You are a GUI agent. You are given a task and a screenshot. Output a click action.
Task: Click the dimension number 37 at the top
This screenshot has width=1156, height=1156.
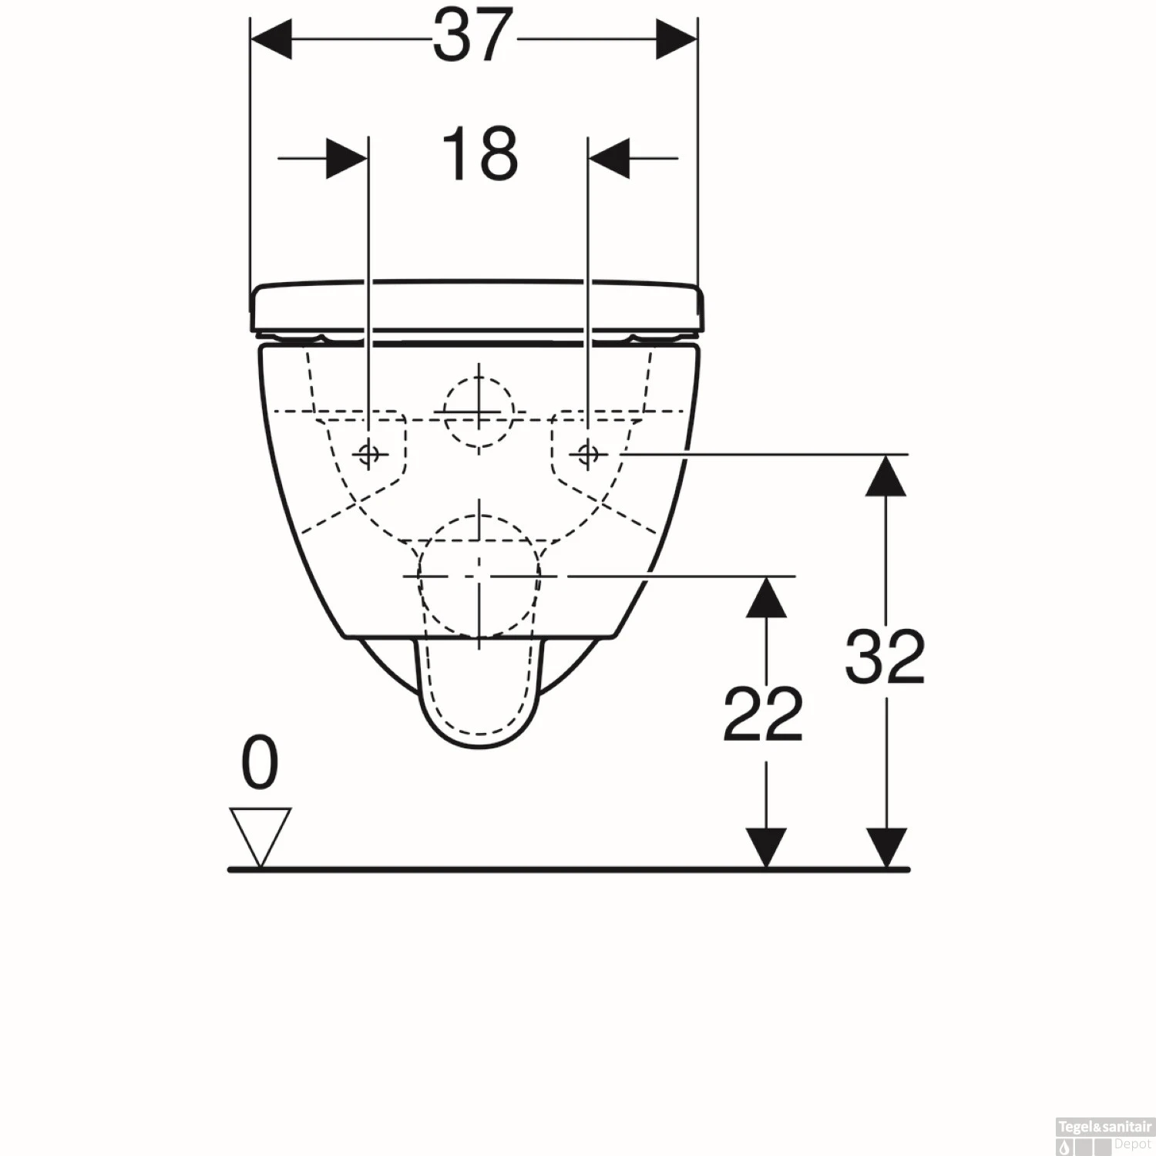[x=472, y=36]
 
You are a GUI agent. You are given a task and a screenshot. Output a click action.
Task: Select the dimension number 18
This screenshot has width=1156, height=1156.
[x=479, y=154]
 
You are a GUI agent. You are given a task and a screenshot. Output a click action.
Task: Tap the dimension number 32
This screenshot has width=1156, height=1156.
[x=885, y=657]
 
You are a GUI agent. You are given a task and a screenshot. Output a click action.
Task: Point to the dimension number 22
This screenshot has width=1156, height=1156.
[x=763, y=715]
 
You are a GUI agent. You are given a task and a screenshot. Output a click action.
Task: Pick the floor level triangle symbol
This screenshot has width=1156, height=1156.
[x=260, y=835]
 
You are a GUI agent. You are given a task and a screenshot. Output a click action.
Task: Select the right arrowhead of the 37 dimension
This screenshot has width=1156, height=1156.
[x=676, y=39]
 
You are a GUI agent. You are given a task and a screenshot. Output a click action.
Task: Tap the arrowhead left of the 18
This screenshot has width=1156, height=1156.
[x=346, y=159]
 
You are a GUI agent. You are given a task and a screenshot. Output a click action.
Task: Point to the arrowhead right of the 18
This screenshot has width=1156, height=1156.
[x=610, y=159]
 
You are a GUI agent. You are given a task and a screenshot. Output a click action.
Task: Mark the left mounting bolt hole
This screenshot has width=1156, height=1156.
[x=369, y=454]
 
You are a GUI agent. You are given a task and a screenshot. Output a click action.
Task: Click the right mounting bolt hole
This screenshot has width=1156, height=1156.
[x=588, y=454]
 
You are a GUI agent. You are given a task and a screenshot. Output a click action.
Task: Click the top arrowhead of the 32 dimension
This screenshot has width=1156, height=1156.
[x=885, y=476]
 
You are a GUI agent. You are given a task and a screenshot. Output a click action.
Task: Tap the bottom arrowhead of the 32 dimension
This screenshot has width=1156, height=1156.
[x=885, y=848]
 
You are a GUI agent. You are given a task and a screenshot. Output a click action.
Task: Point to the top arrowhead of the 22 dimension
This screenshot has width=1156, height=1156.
[x=766, y=598]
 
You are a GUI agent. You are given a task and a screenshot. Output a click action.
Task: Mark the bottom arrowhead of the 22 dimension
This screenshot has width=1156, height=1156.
[x=766, y=848]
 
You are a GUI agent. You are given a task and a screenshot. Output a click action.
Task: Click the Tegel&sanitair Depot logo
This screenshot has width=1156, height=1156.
[x=1104, y=1134]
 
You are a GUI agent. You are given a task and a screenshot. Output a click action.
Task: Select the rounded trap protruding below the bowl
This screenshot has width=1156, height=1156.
[x=479, y=694]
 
